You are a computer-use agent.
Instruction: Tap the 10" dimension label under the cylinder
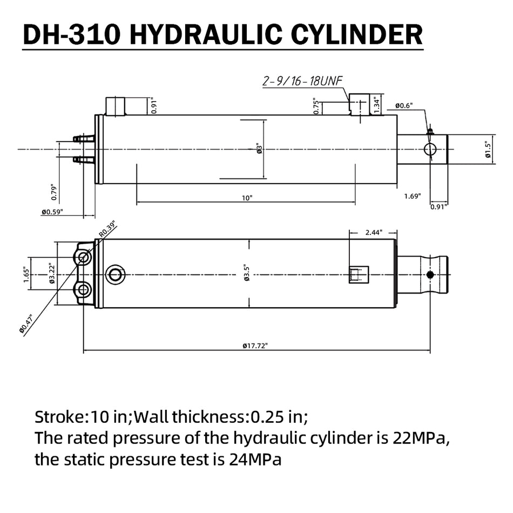pyautogui.click(x=247, y=198)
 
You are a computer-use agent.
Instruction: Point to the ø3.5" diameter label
pyautogui.click(x=247, y=274)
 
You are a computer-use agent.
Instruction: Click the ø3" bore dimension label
pyautogui.click(x=259, y=149)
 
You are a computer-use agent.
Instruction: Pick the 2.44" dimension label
pyautogui.click(x=373, y=232)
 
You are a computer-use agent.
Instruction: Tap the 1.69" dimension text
pyautogui.click(x=413, y=196)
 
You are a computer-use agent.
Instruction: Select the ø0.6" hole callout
pyautogui.click(x=404, y=106)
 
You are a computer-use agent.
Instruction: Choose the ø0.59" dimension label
pyautogui.click(x=52, y=212)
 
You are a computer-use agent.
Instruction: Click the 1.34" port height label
pyautogui.click(x=378, y=104)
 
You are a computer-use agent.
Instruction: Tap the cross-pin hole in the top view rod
pyautogui.click(x=430, y=150)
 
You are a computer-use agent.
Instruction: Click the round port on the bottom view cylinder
pyautogui.click(x=115, y=274)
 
